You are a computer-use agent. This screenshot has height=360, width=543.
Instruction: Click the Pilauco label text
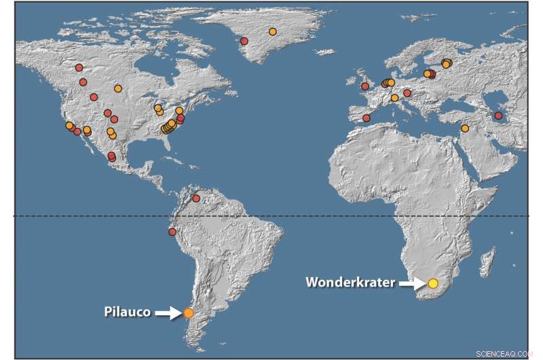[x=127, y=312]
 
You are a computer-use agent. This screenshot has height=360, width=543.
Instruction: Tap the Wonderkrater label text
[x=350, y=282]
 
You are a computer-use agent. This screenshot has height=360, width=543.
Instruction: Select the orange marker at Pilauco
[x=188, y=313]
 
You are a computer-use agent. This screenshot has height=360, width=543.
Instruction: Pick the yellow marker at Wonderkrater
[x=433, y=283]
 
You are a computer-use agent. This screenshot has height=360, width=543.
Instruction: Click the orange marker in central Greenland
[x=272, y=31]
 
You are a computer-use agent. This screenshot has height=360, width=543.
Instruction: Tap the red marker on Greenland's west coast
[x=244, y=41]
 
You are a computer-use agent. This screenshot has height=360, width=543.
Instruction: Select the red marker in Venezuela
[x=196, y=198]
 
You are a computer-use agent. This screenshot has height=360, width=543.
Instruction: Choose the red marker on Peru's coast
[x=172, y=232]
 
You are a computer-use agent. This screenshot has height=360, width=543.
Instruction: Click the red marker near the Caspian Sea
[x=498, y=115]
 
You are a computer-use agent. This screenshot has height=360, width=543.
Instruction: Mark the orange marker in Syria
[x=465, y=128]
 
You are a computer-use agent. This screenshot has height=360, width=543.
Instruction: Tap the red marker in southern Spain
[x=367, y=118]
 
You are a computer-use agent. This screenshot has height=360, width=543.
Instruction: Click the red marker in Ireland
[x=364, y=86]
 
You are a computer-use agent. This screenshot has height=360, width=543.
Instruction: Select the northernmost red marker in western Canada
[x=79, y=67]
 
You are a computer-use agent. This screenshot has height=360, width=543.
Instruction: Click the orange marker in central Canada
[x=118, y=88]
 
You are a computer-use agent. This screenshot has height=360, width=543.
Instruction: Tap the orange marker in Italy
[x=394, y=98]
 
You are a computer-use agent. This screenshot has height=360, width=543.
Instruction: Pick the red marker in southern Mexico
[x=111, y=157]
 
